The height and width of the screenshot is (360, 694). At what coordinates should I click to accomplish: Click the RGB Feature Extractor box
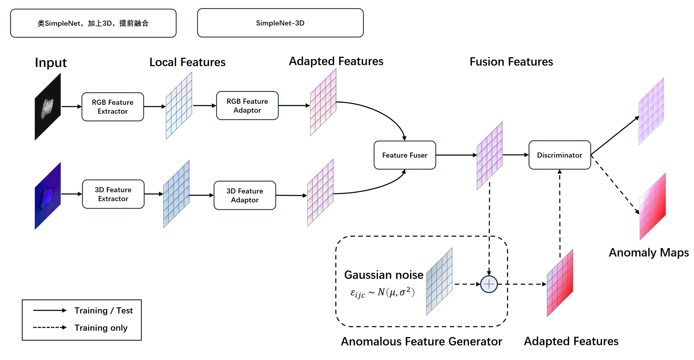click(113, 107)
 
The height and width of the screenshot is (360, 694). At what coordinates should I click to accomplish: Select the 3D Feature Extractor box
click(113, 194)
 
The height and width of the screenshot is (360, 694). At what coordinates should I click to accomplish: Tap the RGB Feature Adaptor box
click(247, 106)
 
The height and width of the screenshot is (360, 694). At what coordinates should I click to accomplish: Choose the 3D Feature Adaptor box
click(245, 195)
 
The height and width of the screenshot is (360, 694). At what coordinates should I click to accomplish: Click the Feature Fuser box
click(405, 155)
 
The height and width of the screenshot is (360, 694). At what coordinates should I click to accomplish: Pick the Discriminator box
click(559, 155)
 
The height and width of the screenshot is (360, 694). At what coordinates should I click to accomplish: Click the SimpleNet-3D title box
click(280, 23)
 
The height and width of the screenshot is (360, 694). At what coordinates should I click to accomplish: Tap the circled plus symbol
click(489, 284)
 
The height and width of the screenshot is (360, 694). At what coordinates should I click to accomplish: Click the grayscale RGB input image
click(48, 107)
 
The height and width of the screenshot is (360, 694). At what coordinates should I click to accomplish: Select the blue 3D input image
click(48, 196)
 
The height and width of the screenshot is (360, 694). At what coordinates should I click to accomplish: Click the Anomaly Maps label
click(649, 252)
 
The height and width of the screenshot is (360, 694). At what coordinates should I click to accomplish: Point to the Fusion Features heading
click(511, 62)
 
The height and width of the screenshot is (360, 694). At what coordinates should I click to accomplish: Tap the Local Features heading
click(187, 62)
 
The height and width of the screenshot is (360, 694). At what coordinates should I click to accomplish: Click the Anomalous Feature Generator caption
click(421, 342)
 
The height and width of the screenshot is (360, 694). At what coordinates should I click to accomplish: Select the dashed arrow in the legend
click(50, 327)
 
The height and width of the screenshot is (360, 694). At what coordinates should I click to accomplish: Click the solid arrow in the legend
click(50, 310)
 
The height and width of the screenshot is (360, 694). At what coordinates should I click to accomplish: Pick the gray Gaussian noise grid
click(439, 282)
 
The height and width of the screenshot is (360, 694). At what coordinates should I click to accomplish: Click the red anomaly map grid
click(652, 207)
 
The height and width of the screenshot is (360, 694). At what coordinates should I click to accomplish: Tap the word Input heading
click(51, 63)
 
